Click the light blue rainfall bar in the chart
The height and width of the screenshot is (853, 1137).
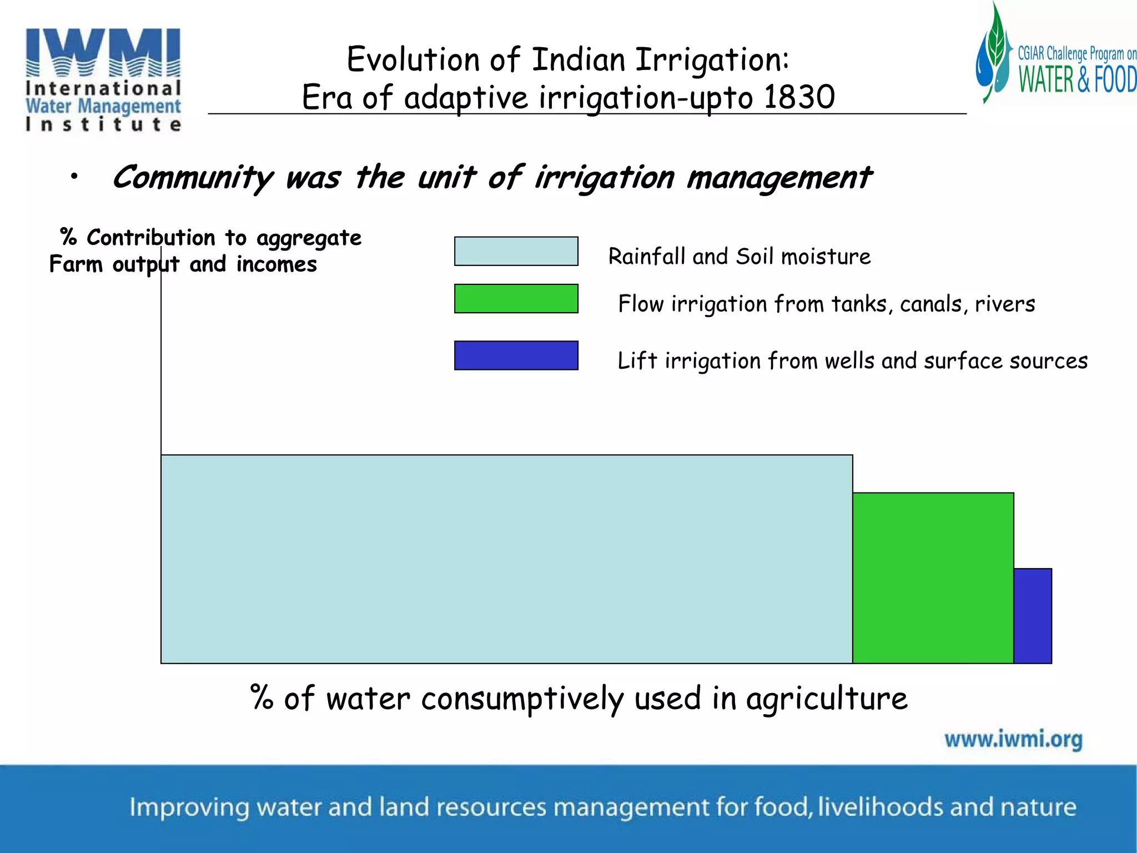pos(506,559)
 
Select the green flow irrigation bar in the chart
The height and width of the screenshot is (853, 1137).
pos(933,578)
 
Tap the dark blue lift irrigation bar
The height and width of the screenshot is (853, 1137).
pos(1033,615)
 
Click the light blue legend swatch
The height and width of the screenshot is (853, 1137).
pos(516,251)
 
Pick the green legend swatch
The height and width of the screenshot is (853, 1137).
pos(516,299)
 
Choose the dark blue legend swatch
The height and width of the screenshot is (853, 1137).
pos(516,355)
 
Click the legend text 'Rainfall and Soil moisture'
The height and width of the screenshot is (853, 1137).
pos(739,257)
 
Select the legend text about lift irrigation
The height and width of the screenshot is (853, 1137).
pos(852,361)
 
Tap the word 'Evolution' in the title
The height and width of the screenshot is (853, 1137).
pos(414,59)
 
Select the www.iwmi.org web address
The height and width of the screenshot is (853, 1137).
pos(1013,739)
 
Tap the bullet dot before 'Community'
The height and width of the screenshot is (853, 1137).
pos(74,177)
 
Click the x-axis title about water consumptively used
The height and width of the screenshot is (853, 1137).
pos(578,698)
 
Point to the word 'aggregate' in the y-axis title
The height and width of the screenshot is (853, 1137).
pos(309,238)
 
